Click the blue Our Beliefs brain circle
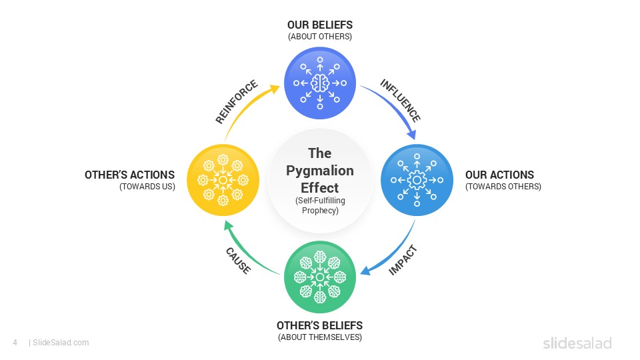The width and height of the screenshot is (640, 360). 320,83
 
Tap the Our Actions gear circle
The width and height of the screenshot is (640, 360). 417,180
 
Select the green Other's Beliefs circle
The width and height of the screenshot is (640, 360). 320,277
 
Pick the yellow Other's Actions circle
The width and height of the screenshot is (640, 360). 223,180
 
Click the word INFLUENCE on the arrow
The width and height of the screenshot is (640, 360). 400,101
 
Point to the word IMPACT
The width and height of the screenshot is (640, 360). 403,261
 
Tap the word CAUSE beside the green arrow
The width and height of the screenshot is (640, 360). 238,261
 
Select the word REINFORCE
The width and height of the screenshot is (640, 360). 236,102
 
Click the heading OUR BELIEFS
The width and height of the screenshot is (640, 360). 320,25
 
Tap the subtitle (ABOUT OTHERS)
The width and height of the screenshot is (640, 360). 320,37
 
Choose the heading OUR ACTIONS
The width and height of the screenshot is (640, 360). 499,175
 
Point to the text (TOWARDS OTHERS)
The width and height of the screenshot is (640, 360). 503,187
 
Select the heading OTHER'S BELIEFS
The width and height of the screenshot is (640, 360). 320,325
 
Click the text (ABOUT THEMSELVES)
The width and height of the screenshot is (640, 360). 320,337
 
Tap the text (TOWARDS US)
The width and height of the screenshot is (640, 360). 147,187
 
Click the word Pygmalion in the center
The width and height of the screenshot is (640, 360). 320,171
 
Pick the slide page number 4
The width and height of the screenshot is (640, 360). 15,343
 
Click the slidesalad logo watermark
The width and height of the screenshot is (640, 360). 577,343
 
